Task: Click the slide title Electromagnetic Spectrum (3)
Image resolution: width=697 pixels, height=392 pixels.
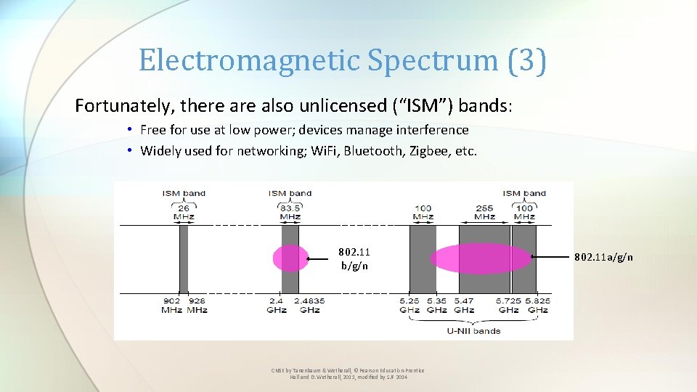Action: coord(342,60)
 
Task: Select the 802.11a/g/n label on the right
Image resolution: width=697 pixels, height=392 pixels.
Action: coord(603,257)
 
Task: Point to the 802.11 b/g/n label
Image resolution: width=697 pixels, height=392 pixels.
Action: coord(354,258)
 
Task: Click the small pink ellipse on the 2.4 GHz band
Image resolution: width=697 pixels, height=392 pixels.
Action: coord(290,258)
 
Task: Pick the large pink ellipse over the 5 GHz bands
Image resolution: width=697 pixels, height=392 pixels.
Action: coord(481,258)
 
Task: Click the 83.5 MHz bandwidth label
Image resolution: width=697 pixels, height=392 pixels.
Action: coord(290,213)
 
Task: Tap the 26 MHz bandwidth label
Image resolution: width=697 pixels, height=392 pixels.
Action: coord(184,213)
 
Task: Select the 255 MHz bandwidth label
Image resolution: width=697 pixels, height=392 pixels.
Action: coord(484,213)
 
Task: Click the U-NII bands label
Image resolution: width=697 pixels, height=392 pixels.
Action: coord(473,331)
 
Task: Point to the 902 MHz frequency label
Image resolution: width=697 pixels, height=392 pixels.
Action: coord(172,305)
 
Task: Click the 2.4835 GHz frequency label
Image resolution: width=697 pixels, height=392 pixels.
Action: coord(309,305)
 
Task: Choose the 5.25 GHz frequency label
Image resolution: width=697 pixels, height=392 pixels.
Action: coord(409,305)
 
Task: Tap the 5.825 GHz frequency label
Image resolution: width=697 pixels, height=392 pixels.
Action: coord(538,305)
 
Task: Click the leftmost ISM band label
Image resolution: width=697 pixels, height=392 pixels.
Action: coord(184,193)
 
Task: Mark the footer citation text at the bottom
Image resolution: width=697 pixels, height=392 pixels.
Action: coord(348,374)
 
